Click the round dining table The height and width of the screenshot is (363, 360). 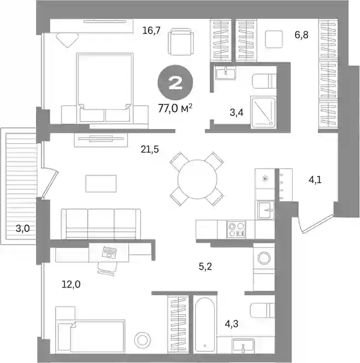(197, 179)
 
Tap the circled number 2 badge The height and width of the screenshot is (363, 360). (175, 83)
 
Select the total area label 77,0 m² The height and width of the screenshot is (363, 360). (175, 108)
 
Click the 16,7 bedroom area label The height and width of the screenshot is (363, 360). (151, 31)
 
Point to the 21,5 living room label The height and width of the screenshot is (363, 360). (150, 149)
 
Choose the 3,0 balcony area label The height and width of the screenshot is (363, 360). (23, 229)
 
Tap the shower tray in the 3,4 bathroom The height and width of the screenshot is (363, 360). (263, 113)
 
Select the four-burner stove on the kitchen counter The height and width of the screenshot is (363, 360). (236, 230)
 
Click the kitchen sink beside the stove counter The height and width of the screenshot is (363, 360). (265, 210)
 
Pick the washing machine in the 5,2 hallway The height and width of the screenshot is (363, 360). (264, 258)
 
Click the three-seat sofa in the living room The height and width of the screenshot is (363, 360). (101, 224)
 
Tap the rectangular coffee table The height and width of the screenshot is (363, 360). (101, 184)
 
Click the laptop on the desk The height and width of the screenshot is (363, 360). (109, 252)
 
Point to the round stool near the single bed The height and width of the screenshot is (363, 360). (142, 340)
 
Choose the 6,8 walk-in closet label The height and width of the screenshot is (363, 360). (302, 35)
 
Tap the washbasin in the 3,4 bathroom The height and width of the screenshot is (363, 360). (226, 73)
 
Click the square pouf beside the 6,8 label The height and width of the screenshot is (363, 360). (274, 39)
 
